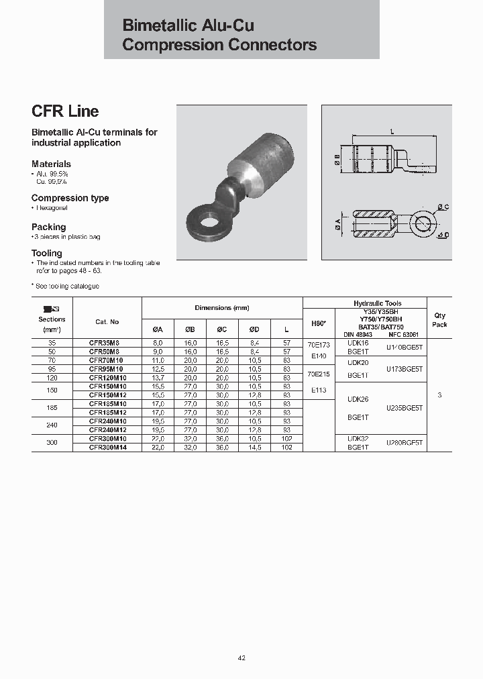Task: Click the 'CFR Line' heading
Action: coord(65,111)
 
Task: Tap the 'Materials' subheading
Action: coord(51,164)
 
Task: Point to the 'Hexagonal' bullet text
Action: coord(51,208)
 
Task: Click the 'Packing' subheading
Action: coord(48,227)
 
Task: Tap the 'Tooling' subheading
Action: coord(46,253)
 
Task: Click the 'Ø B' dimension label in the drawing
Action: coord(336,158)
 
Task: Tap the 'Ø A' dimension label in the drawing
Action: coord(335,221)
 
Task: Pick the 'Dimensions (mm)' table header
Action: coord(222,308)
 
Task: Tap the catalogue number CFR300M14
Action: coord(107,447)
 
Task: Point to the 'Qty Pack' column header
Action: coord(439,319)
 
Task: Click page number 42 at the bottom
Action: coord(241,658)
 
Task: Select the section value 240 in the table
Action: coord(52,425)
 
